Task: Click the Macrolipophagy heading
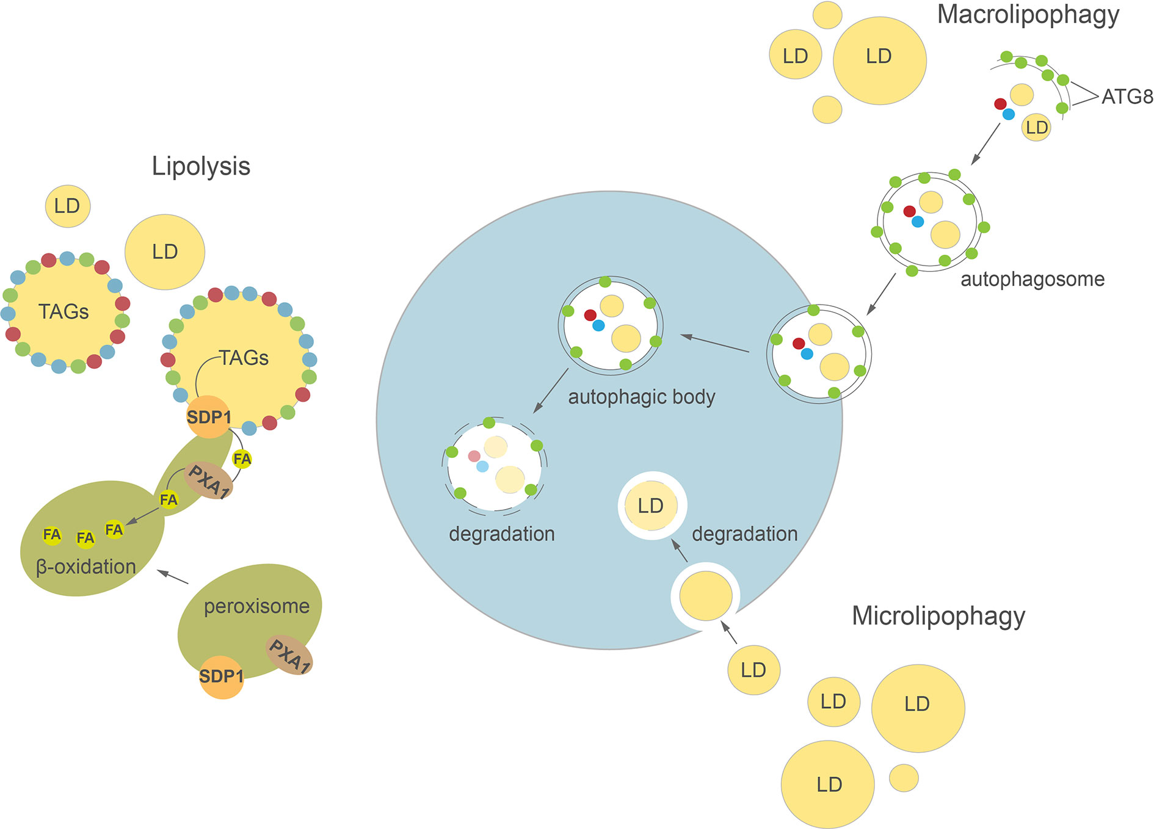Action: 1028,15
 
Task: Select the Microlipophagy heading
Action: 938,617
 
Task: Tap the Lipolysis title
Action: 201,166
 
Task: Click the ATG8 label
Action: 1127,97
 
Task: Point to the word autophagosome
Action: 1032,280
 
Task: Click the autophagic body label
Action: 641,397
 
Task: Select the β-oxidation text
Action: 86,567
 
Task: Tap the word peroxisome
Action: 256,606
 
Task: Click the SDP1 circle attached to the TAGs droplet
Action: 209,417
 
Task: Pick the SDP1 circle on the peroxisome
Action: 221,676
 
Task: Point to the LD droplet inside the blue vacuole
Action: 651,506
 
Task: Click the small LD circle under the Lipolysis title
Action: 67,206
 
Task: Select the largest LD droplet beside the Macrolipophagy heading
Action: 879,60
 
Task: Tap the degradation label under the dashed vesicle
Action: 501,534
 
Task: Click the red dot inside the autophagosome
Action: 909,211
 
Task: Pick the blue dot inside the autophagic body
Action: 598,326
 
